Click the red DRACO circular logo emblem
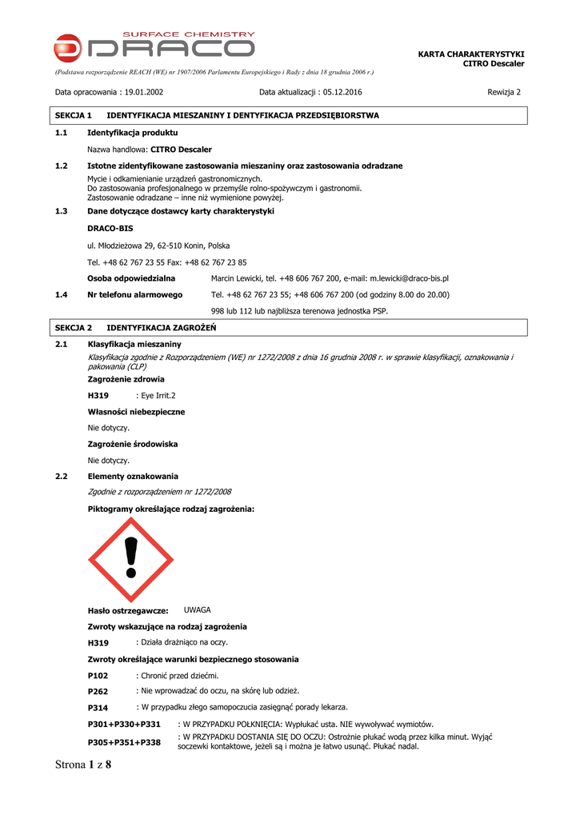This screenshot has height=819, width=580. pos(67,48)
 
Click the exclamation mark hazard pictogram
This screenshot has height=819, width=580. pos(131,559)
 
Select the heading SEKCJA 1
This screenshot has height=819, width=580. pos(74,116)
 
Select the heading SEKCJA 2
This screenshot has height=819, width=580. pos(74,328)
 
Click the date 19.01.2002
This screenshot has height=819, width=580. pos(144,92)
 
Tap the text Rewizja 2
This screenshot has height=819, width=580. pos(504,92)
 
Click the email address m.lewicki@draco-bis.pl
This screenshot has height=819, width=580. pos(409,278)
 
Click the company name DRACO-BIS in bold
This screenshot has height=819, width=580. pos(110,229)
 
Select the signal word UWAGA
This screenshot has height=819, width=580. pos(198,610)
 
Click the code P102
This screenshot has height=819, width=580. pos(98,676)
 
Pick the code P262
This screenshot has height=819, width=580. pos(98,691)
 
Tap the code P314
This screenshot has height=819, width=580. pos(98,708)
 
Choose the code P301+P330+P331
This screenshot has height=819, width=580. pos(124,724)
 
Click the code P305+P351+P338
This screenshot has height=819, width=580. pos(124,742)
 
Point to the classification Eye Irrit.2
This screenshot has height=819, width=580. pos(158,396)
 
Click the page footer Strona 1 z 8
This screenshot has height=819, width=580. pos(83,765)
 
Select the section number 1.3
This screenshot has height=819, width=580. pos(61,211)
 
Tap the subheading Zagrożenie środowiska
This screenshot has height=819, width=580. pos(133,444)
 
